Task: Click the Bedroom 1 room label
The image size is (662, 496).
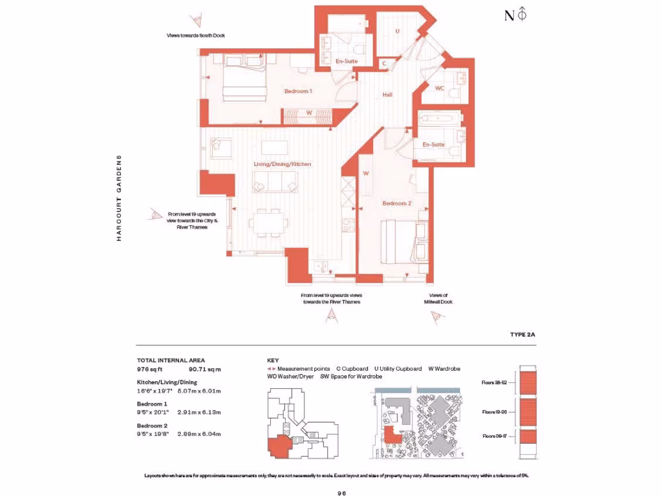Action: click(298, 91)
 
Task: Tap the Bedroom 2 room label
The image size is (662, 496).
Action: click(396, 203)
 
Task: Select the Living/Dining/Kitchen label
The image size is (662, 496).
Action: click(282, 164)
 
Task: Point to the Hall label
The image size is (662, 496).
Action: click(387, 95)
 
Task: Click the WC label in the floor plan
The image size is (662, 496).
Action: click(439, 88)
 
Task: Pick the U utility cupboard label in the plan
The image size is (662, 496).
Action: click(397, 31)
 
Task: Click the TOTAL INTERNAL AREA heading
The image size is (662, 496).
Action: click(171, 360)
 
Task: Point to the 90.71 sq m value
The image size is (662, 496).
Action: click(204, 369)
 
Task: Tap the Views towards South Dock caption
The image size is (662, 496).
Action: click(195, 36)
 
